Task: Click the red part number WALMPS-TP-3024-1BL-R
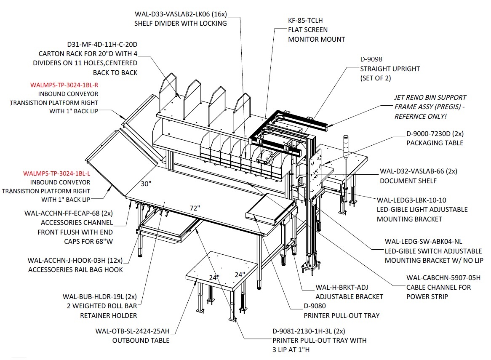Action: pos(64,85)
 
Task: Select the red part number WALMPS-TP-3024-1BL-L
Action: pos(57,173)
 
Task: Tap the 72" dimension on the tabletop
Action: pos(195,208)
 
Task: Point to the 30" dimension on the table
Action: pos(146,184)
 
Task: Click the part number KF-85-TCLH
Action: pos(305,20)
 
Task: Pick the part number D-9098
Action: pos(371,59)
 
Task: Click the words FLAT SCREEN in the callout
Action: pos(308,30)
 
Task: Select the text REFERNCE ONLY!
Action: pos(420,117)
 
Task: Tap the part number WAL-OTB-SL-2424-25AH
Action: pos(133,331)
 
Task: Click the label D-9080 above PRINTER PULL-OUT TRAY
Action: pos(315,306)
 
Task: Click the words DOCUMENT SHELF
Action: pos(408,181)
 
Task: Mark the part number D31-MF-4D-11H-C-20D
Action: pos(102,45)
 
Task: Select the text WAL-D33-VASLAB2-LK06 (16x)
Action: pos(181,14)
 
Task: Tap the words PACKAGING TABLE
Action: pos(435,143)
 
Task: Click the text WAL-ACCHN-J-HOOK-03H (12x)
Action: pos(75,261)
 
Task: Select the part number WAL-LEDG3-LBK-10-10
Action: pos(411,200)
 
